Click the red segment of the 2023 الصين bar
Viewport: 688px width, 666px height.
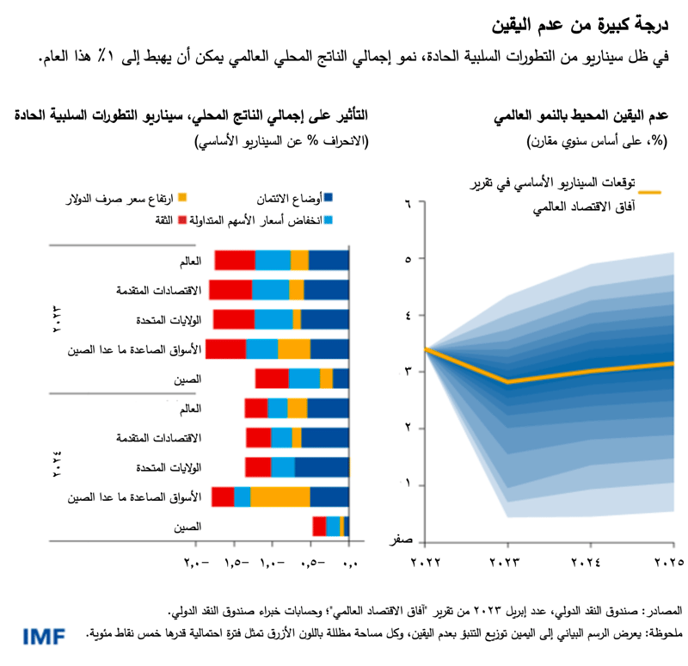(x=272, y=379)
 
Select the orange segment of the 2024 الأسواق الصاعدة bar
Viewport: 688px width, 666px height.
(x=280, y=496)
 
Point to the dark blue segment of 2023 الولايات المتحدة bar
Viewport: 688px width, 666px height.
(x=325, y=319)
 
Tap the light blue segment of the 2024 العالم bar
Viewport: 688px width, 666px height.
(x=278, y=408)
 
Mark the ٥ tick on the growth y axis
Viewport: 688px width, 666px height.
(x=409, y=259)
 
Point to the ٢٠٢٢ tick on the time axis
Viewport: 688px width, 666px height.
(x=426, y=563)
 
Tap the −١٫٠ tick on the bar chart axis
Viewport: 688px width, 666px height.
(x=272, y=563)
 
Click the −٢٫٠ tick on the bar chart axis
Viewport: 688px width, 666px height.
(x=196, y=563)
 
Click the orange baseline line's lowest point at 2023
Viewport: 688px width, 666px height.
(x=508, y=381)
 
